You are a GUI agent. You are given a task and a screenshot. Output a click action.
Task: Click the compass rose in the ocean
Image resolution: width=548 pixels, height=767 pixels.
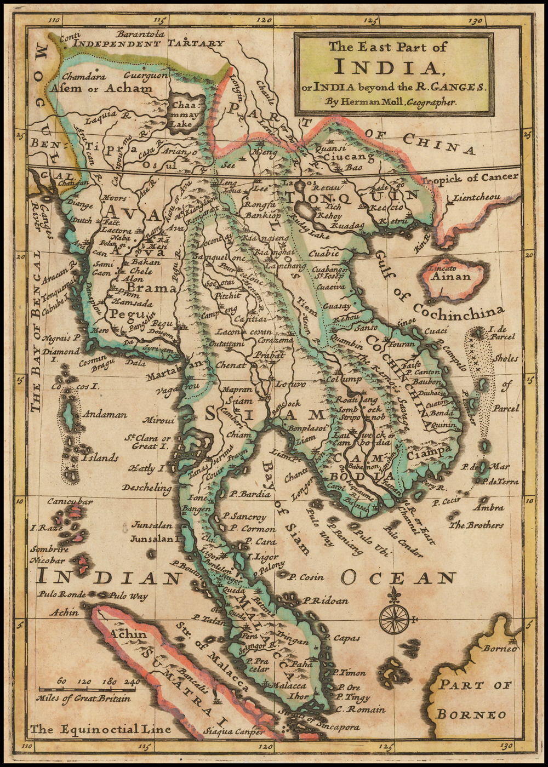coord(394,619)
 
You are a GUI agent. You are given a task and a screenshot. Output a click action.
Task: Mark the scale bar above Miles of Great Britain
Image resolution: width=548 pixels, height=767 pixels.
coord(88,689)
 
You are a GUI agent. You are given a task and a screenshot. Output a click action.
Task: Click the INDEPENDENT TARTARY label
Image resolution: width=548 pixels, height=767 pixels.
coord(149,43)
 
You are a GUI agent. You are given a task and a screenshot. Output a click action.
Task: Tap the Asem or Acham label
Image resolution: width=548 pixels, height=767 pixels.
coord(101,88)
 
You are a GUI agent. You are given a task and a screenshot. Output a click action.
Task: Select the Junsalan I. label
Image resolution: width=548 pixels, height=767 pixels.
coord(155,539)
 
